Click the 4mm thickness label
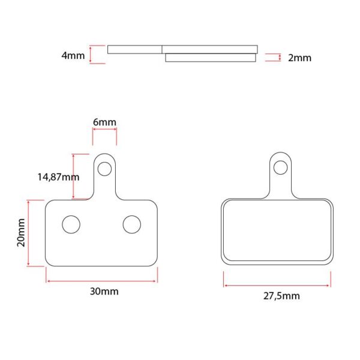[x=73, y=56]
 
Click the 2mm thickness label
[x=299, y=58]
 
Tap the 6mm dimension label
[x=104, y=122]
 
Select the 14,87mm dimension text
[x=58, y=177]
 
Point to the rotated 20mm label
[x=21, y=233]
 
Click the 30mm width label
[x=104, y=292]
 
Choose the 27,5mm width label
[x=281, y=296]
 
